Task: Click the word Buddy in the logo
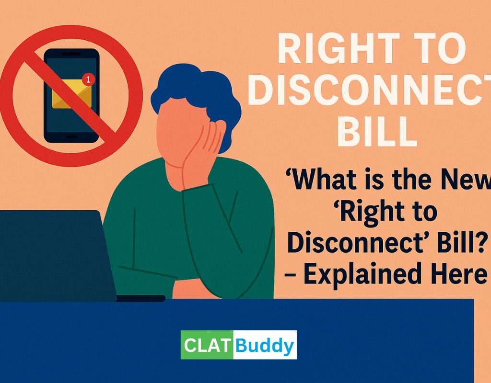coord(265,345)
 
